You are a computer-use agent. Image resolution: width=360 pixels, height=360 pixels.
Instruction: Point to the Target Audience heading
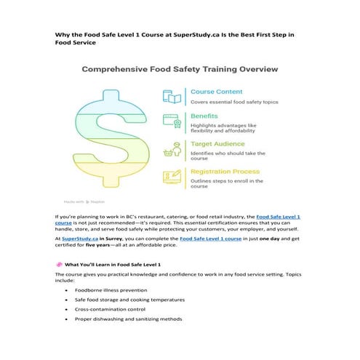tap(222, 144)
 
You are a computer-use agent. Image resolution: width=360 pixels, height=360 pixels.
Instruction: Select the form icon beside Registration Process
tap(172, 176)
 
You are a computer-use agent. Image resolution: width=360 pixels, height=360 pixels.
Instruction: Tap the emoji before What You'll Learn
tap(58, 263)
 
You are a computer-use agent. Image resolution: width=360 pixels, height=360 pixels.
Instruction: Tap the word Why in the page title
tap(62, 34)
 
